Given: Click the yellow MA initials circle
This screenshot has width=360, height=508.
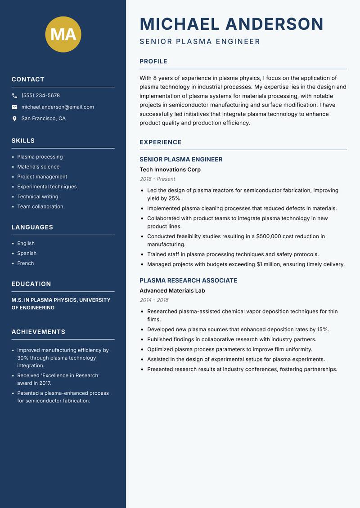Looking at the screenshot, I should pyautogui.click(x=63, y=34).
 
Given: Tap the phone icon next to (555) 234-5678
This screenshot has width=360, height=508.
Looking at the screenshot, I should pyautogui.click(x=14, y=96).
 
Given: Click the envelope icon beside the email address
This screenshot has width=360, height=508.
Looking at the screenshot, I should pyautogui.click(x=14, y=107).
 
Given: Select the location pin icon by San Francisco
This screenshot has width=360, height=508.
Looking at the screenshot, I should pyautogui.click(x=14, y=119).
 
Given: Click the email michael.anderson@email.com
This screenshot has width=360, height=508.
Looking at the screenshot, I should pyautogui.click(x=58, y=107).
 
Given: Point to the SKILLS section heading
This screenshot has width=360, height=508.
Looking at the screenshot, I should pyautogui.click(x=23, y=141).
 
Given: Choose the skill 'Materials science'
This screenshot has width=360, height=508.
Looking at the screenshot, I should pyautogui.click(x=38, y=167).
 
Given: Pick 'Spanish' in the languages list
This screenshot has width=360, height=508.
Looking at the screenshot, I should pyautogui.click(x=27, y=254).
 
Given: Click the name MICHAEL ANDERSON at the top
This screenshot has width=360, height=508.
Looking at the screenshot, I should pyautogui.click(x=231, y=24).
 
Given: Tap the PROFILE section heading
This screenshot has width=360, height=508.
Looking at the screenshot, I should pyautogui.click(x=153, y=62).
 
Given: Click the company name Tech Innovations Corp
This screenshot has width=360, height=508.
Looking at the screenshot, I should pyautogui.click(x=170, y=170).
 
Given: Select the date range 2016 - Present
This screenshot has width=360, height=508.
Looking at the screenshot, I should pyautogui.click(x=157, y=179).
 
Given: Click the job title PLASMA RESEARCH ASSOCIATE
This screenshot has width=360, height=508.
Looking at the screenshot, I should pyautogui.click(x=188, y=281).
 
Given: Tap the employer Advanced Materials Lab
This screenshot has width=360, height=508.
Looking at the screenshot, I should pyautogui.click(x=172, y=291).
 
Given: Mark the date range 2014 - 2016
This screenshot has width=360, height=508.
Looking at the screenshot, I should pyautogui.click(x=154, y=300).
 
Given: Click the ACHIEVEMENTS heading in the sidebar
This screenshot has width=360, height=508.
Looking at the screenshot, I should pyautogui.click(x=38, y=332).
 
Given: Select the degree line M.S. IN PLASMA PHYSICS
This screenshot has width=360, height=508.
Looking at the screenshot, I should pyautogui.click(x=61, y=300).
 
